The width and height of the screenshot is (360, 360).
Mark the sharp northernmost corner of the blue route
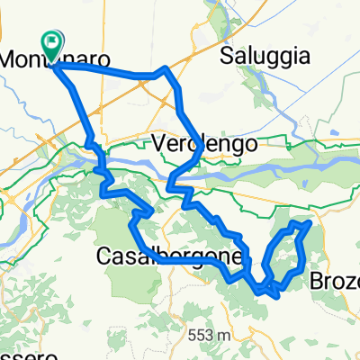point(164,68)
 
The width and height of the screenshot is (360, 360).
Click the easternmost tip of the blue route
point(310,221)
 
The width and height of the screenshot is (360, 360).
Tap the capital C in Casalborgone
point(102,258)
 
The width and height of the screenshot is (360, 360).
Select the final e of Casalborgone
point(238,258)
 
